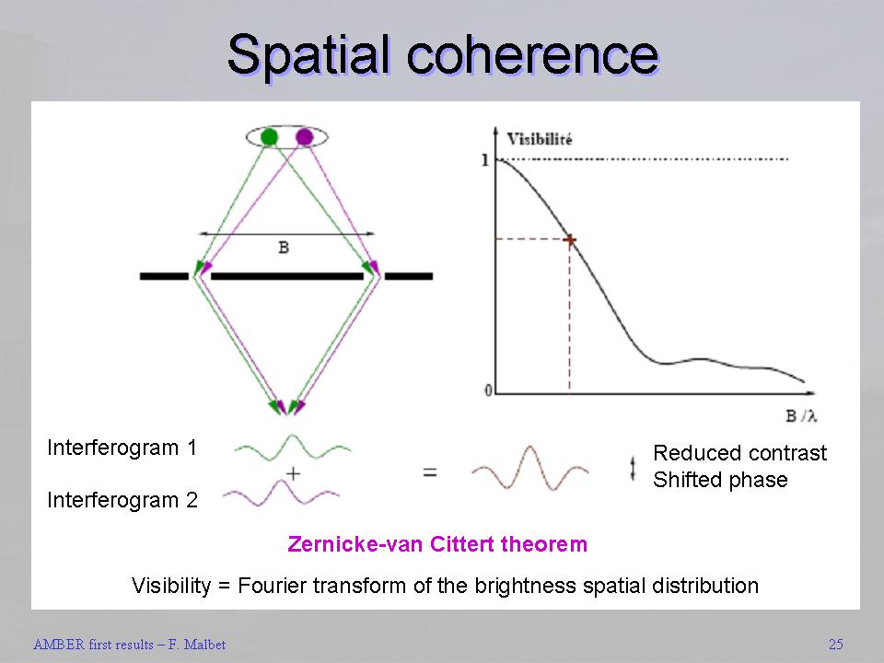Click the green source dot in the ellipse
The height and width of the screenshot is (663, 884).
tap(270, 137)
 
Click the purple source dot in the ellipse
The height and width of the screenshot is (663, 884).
tap(305, 137)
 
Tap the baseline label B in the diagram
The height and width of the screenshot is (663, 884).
tap(284, 248)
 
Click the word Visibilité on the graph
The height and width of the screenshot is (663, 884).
tap(540, 139)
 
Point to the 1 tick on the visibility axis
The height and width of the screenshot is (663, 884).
tap(485, 160)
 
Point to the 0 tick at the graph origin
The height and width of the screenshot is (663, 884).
tap(488, 390)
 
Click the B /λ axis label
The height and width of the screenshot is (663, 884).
tap(801, 416)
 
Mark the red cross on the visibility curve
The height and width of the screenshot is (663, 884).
tap(569, 239)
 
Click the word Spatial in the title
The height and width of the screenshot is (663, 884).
tap(308, 54)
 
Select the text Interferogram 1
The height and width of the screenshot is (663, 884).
tap(122, 448)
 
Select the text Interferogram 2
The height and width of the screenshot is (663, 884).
tap(122, 500)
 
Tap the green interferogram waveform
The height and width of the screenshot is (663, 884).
tap(293, 448)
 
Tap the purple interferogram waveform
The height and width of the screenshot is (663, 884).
tap(281, 493)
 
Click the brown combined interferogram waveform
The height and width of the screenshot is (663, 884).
tap(530, 468)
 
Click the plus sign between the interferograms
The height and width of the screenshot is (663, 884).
tap(293, 473)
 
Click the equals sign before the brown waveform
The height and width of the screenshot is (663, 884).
tap(430, 471)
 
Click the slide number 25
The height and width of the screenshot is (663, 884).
tap(836, 644)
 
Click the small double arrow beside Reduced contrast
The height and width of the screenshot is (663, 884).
tap(633, 469)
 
